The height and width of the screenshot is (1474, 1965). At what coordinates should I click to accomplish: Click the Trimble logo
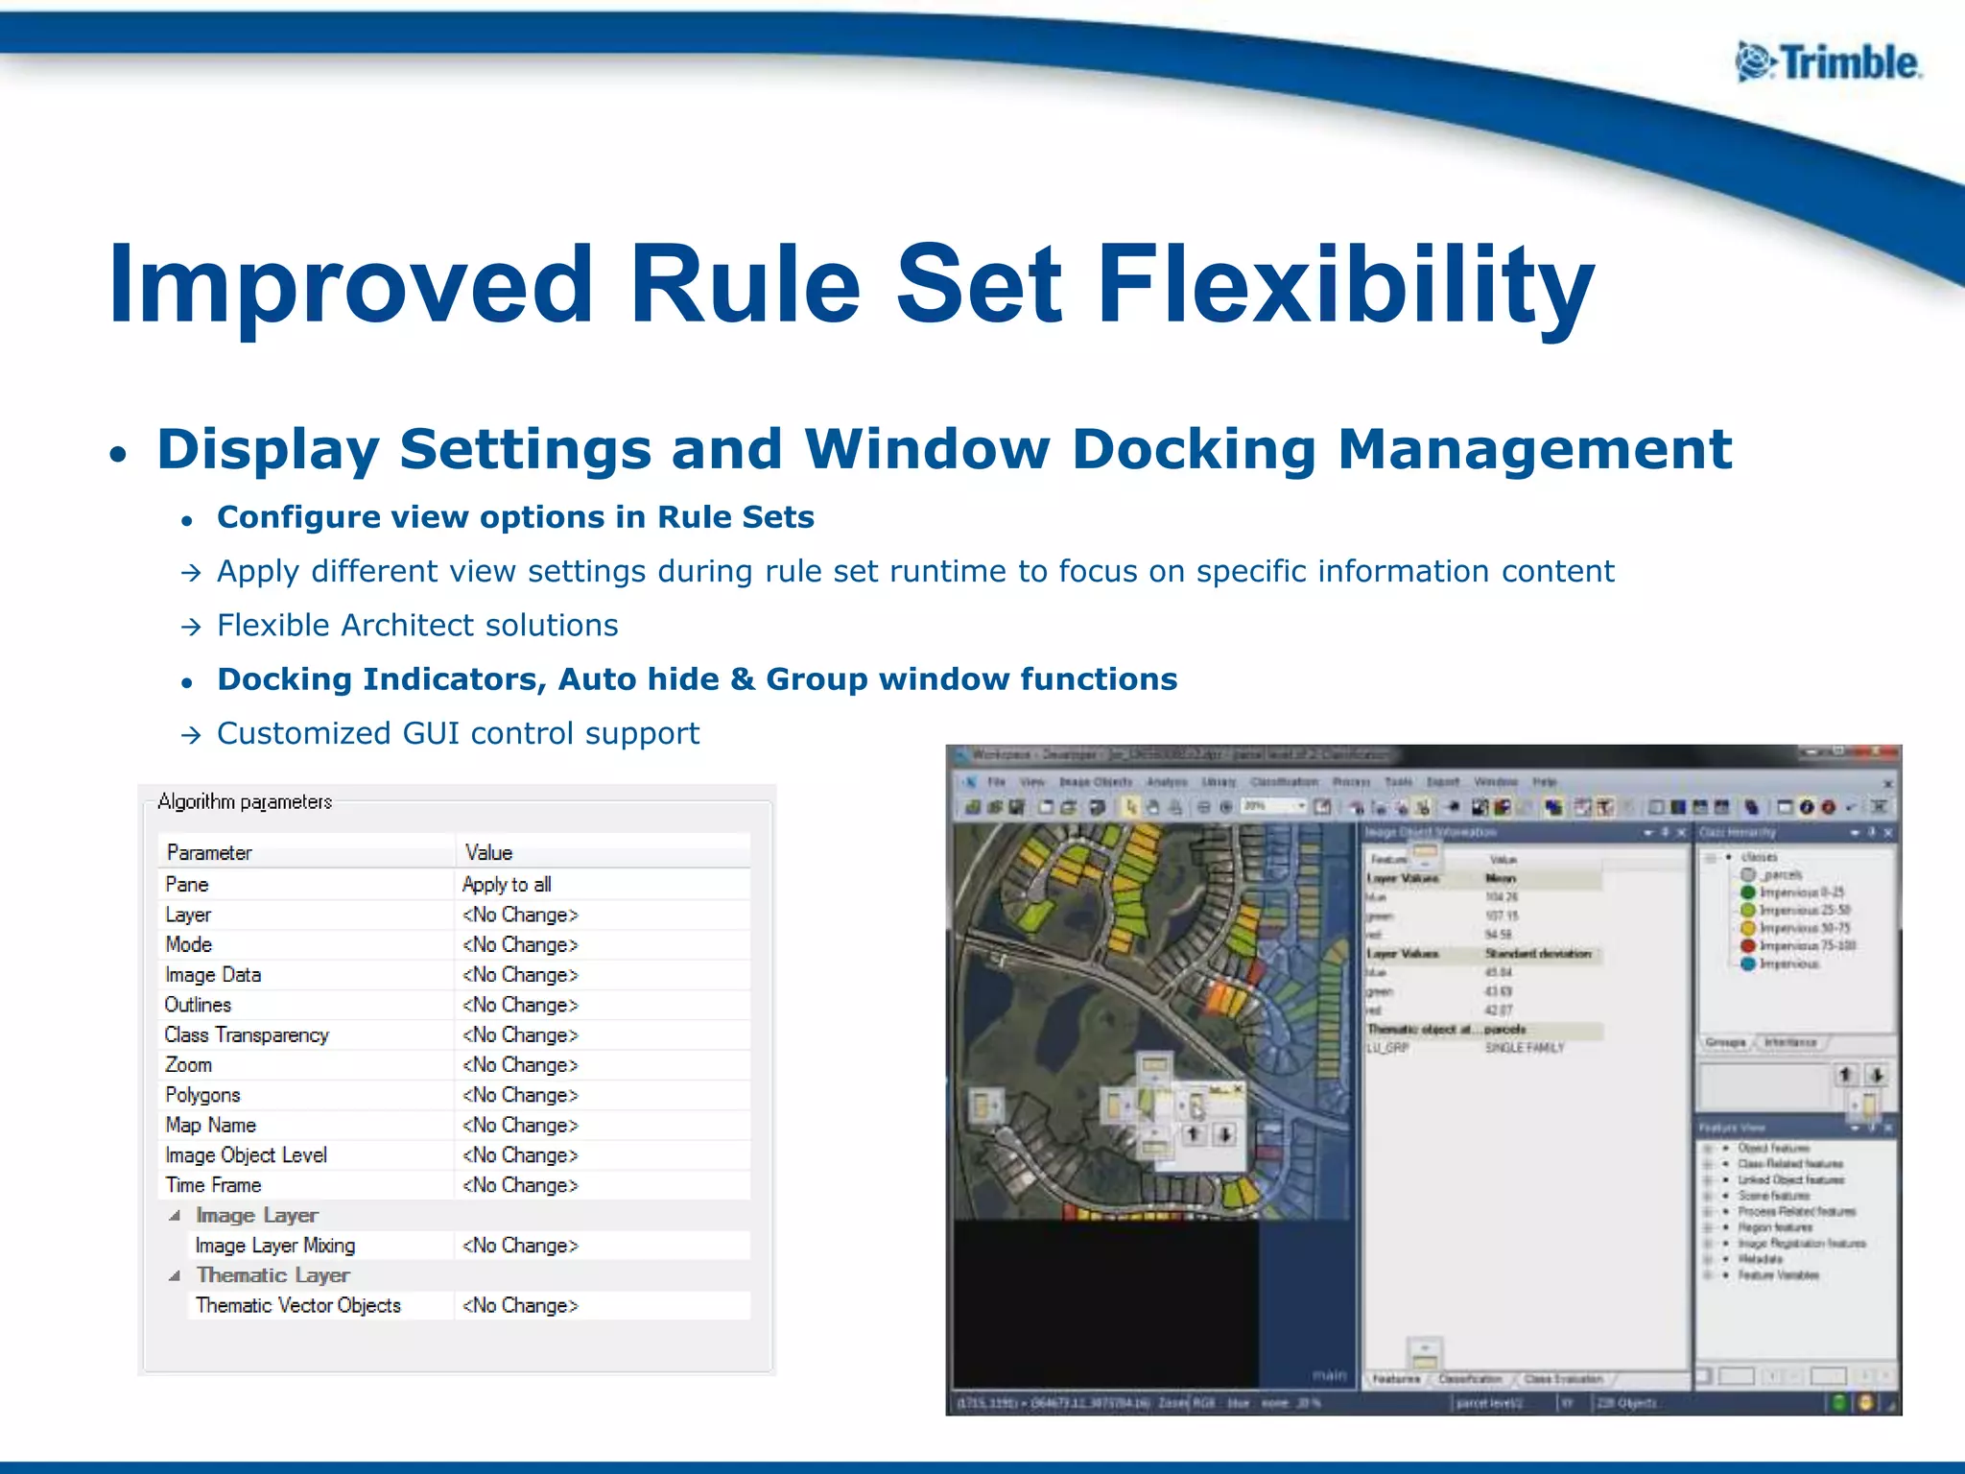1828,63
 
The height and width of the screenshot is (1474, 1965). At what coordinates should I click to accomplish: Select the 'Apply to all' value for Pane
507,884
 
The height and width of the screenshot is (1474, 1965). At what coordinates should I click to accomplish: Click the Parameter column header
209,852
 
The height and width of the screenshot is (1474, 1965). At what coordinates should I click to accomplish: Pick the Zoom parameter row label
188,1064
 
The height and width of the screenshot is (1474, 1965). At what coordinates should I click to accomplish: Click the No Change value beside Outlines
520,1005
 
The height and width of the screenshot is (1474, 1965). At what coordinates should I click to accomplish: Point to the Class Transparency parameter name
247,1034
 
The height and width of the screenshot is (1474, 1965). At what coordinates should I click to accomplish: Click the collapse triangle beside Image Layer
175,1215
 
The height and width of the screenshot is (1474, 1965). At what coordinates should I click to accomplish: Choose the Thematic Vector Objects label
298,1305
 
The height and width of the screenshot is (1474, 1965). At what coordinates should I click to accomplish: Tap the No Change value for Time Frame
520,1185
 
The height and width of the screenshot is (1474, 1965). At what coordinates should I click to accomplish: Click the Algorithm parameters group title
245,801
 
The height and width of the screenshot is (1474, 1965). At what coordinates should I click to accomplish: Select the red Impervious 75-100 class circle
1748,945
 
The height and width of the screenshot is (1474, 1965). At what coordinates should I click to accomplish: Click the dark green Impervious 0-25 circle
1748,892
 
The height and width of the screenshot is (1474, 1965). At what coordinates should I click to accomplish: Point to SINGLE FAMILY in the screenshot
1525,1048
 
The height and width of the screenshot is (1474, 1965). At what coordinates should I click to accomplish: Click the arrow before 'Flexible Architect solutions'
192,627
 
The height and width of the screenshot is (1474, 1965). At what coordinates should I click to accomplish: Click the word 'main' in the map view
1329,1375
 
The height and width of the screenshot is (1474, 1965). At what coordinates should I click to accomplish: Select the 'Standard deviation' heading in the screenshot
1538,953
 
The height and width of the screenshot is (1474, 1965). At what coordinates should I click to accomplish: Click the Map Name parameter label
210,1125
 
